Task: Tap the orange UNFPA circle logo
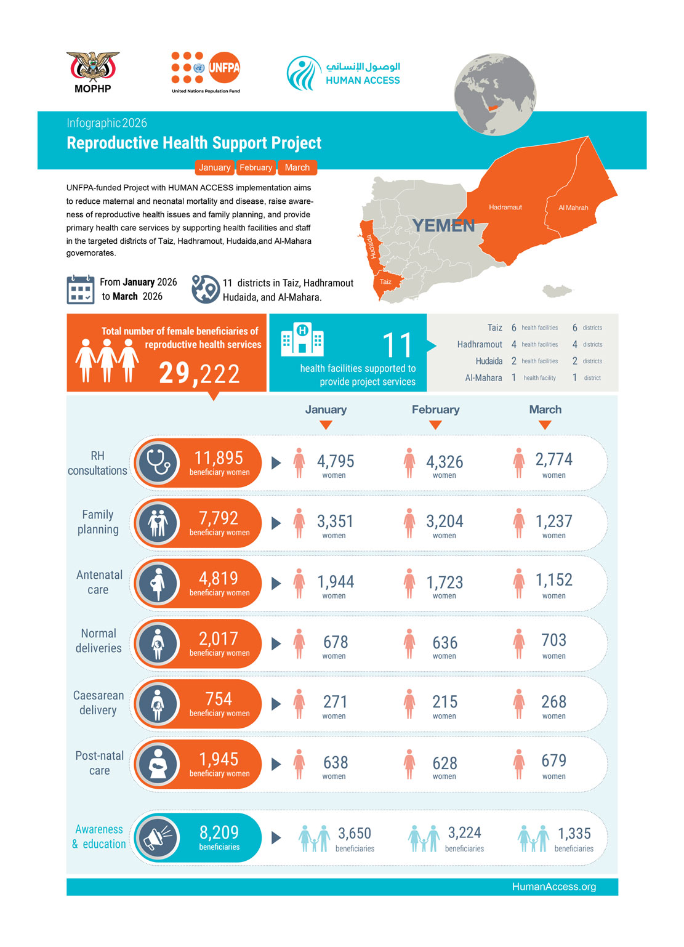[x=223, y=68]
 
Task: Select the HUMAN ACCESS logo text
[x=363, y=80]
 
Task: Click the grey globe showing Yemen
[x=495, y=94]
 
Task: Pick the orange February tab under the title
[x=255, y=167]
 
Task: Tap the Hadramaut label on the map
[x=505, y=208]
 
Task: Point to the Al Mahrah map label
[x=573, y=208]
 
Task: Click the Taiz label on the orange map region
[x=385, y=282]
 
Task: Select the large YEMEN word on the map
[x=443, y=226]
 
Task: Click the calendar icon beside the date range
[x=80, y=290]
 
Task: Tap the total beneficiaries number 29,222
[x=199, y=373]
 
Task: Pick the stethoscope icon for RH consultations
[x=158, y=463]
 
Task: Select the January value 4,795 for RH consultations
[x=336, y=461]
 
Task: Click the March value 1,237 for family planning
[x=553, y=522]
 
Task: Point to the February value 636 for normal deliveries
[x=445, y=643]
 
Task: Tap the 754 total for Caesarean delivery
[x=219, y=699]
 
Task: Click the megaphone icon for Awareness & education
[x=158, y=837]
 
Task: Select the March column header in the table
[x=545, y=409]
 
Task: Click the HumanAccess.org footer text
[x=553, y=887]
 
